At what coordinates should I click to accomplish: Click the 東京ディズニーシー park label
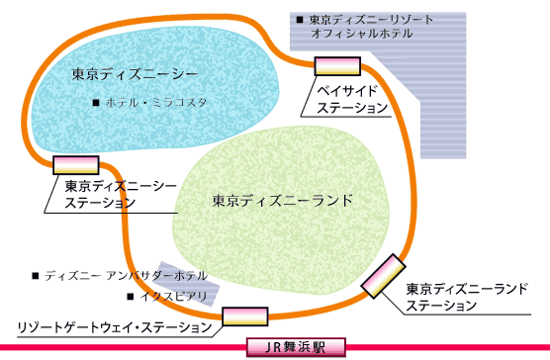coord(136,74)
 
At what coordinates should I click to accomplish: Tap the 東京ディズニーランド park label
coord(282,200)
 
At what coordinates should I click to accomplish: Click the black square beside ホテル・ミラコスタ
coord(95,103)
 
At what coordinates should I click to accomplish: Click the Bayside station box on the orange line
coord(335,66)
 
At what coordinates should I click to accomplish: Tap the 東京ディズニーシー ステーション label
coord(113,193)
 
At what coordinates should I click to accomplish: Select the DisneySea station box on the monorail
coord(76,165)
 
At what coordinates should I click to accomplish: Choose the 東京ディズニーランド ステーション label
coord(469,297)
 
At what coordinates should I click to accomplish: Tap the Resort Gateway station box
coord(245,316)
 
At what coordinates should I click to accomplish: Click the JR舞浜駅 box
coord(297,347)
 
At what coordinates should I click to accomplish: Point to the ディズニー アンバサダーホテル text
coord(126,275)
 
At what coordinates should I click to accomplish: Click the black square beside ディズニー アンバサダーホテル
coord(37,275)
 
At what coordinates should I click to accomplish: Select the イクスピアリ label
coord(172,295)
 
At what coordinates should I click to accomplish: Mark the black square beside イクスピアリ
coord(130,295)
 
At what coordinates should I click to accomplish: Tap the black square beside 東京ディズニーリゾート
coord(299,19)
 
